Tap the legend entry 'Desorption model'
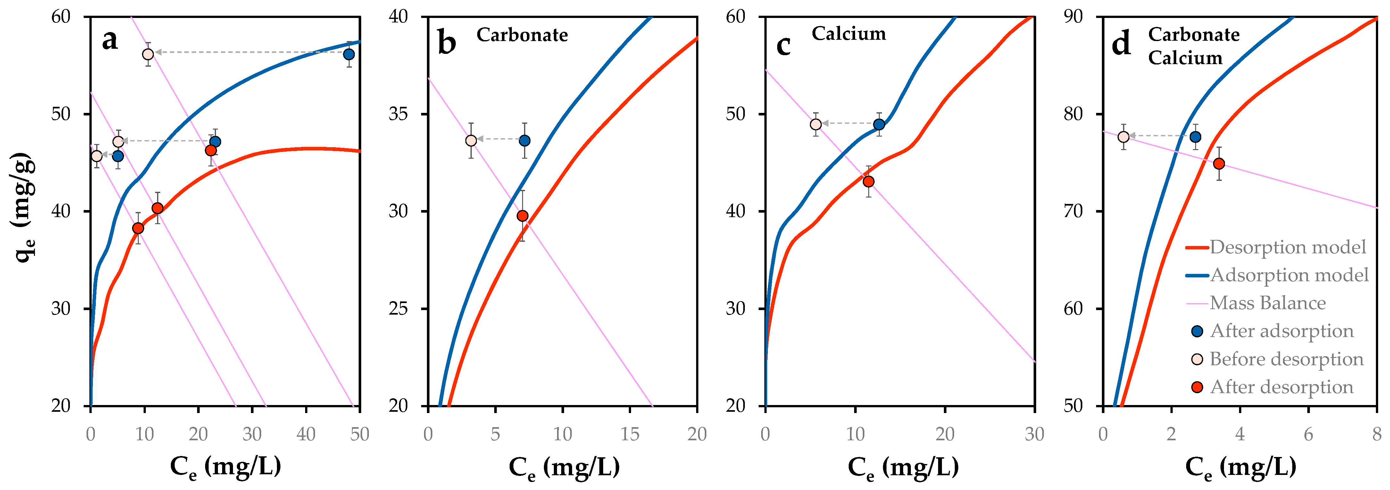coord(1287,247)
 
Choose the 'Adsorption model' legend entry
coord(1289,275)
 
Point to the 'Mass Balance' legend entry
coord(1268,303)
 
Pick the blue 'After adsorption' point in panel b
coord(524,141)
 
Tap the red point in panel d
coord(1219,164)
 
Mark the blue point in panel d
coord(1195,137)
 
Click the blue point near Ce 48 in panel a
coord(349,55)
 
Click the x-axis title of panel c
coord(903,467)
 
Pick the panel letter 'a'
coord(110,39)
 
